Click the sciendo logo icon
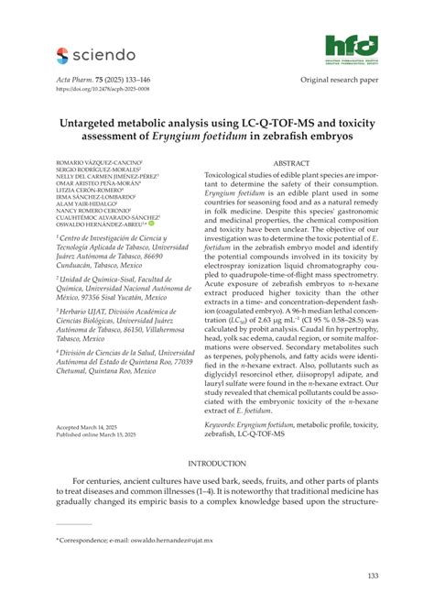point(62,56)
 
